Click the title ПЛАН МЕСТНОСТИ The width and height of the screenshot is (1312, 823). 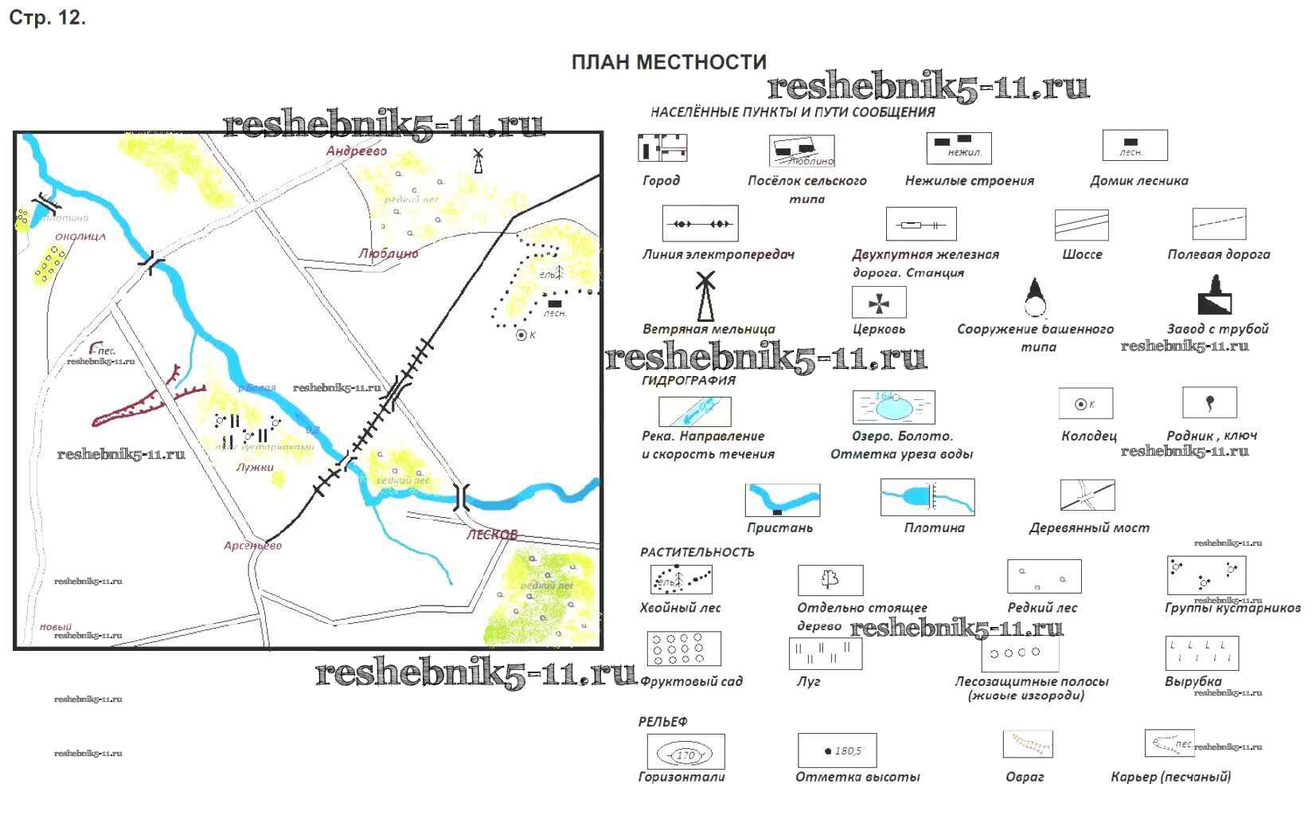coord(669,62)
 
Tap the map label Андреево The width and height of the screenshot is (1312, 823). coord(357,151)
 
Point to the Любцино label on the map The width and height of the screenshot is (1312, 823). coord(388,253)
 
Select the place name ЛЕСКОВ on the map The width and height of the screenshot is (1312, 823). coord(492,535)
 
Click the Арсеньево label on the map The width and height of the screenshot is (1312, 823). coord(252,546)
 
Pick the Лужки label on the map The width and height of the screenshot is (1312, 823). coord(255,468)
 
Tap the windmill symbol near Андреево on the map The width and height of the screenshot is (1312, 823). coord(478,159)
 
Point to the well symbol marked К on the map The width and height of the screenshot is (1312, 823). coord(522,335)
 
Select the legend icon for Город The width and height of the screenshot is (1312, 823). coord(662,148)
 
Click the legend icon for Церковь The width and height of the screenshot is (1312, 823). coord(879,303)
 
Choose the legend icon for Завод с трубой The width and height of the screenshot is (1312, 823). coord(1215,296)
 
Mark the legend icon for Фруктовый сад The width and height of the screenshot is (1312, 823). coord(684,649)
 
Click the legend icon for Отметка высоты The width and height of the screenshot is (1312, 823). coord(837,750)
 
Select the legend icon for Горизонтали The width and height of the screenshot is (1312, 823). coord(685,752)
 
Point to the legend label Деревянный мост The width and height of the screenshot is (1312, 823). coord(1088,527)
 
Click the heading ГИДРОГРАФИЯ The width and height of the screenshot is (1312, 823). coord(688,380)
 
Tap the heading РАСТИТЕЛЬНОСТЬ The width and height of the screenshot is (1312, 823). coord(697,552)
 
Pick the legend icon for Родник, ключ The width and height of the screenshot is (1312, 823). coord(1209,402)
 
